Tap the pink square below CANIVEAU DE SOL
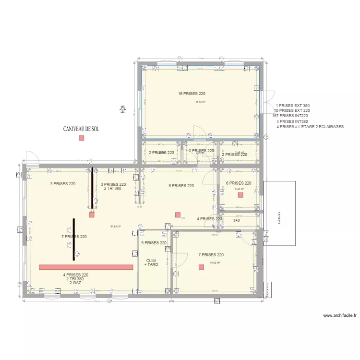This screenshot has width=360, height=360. click(81, 138)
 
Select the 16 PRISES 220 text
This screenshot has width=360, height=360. click(192, 94)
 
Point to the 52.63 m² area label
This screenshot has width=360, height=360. click(200, 102)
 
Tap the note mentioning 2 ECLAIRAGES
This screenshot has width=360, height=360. click(310, 126)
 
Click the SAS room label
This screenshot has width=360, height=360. click(236, 221)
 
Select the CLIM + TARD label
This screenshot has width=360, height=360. click(152, 263)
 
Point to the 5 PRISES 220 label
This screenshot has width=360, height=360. click(154, 243)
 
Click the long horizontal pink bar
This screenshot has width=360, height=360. click(86, 267)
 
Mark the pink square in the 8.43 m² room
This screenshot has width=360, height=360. click(240, 195)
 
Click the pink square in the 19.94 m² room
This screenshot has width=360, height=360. click(201, 267)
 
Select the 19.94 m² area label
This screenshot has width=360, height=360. click(215, 263)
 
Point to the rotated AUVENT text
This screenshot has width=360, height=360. click(277, 218)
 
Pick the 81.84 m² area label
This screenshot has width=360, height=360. click(115, 227)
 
